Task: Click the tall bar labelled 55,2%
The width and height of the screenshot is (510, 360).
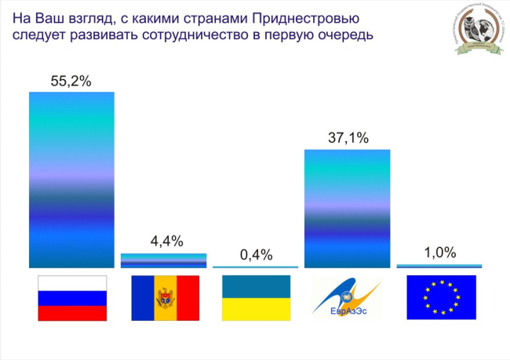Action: pos(71,180)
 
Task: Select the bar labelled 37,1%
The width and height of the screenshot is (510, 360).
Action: pos(347,209)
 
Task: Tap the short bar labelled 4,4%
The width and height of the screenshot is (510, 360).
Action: pos(163,260)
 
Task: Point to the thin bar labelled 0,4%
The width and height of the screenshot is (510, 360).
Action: pos(255,267)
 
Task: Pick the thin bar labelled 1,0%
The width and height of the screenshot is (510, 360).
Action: pos(439,267)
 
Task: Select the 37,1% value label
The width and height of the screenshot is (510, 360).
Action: pos(347,137)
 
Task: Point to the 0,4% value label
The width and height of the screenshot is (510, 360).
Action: pos(255,255)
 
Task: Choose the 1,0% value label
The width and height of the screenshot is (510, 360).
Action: pos(439,253)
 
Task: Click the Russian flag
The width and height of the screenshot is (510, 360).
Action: pos(72,298)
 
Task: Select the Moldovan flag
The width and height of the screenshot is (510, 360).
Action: pos(165,298)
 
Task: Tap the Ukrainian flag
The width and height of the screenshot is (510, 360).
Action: pos(256,298)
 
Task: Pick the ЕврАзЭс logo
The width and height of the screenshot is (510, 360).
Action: pos(347,298)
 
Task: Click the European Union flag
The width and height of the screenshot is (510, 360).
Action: pos(440,298)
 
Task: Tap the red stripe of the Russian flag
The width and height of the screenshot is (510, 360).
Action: pos(72,313)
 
